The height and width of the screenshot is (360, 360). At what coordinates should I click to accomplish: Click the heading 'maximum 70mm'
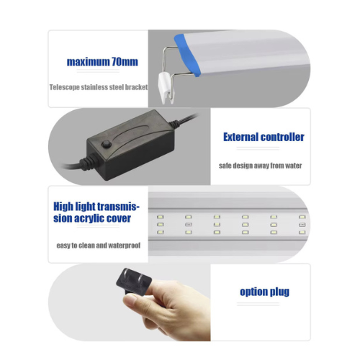pyautogui.click(x=102, y=62)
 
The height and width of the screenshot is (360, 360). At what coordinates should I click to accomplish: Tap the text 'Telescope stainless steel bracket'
pyautogui.click(x=99, y=87)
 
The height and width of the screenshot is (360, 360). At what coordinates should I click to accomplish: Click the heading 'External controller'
pyautogui.click(x=264, y=137)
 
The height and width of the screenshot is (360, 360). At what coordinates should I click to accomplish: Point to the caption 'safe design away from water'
pyautogui.click(x=260, y=166)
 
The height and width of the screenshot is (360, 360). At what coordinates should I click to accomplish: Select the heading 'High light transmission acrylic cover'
pyautogui.click(x=96, y=212)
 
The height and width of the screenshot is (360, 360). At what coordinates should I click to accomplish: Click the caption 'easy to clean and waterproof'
pyautogui.click(x=99, y=246)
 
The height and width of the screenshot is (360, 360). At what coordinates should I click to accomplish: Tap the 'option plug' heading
pyautogui.click(x=264, y=292)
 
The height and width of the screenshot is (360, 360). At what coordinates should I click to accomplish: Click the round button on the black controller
pyautogui.click(x=106, y=144)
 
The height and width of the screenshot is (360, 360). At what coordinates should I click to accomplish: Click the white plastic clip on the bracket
pyautogui.click(x=166, y=88)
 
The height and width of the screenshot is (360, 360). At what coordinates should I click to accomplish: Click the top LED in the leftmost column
pyautogui.click(x=160, y=217)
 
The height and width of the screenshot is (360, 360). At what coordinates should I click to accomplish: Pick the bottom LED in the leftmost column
pyautogui.click(x=160, y=232)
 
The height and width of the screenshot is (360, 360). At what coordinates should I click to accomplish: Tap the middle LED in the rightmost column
pyautogui.click(x=302, y=225)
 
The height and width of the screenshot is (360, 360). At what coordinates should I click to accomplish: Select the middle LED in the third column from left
pyautogui.click(x=217, y=225)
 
